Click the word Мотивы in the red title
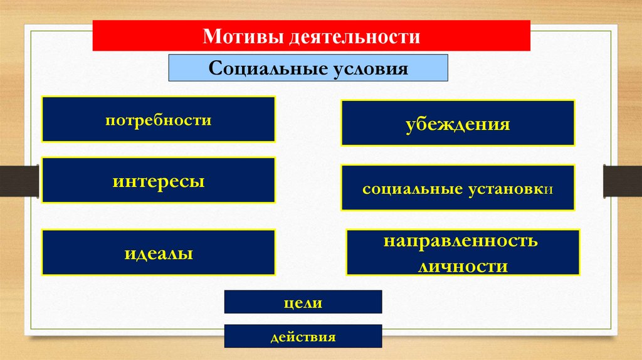pyautogui.click(x=243, y=36)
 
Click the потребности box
pyautogui.click(x=159, y=119)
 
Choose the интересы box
pyautogui.click(x=159, y=181)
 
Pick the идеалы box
pyautogui.click(x=159, y=253)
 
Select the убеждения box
pyautogui.click(x=458, y=123)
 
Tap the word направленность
pyautogui.click(x=461, y=241)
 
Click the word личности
pyautogui.click(x=462, y=266)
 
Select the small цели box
pyautogui.click(x=303, y=302)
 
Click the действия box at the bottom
pyautogui.click(x=303, y=337)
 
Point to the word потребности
pyautogui.click(x=158, y=119)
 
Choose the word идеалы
pyautogui.click(x=158, y=254)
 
